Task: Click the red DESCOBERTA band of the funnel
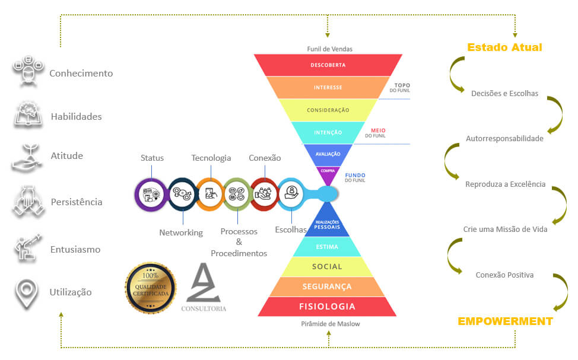click(328, 65)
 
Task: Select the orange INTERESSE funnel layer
click(328, 87)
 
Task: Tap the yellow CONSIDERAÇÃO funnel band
click(328, 110)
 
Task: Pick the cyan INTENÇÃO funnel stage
click(328, 132)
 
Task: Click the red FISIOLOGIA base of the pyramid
click(327, 307)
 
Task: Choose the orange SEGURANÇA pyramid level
click(327, 286)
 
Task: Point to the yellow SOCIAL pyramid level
click(327, 267)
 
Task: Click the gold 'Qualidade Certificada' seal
click(150, 288)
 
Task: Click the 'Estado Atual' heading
click(504, 47)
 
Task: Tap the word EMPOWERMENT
click(505, 321)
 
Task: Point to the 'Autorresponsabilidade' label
click(504, 139)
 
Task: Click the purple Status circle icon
click(151, 193)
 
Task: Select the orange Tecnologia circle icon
click(209, 193)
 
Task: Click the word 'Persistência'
click(77, 202)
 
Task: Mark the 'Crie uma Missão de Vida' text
click(505, 229)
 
